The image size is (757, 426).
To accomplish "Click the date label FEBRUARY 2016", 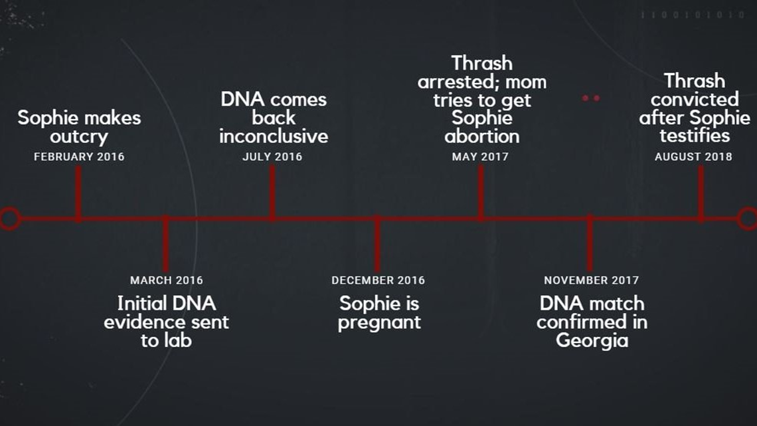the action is coord(79,156).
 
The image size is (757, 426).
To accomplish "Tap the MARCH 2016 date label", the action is coord(167,280).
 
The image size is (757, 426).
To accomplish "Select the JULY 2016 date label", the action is coord(272,156).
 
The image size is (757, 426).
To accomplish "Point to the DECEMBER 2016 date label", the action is coord(378,280).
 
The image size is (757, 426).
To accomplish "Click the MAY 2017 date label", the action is coord(480,156).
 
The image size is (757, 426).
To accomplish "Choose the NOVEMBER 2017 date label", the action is coord(592,280).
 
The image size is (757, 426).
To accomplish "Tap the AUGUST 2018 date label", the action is coord(693,156).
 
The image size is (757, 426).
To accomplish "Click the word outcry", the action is coord(79,137).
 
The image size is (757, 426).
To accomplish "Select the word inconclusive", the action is coord(274,136).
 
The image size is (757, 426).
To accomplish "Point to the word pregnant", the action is coord(379,322).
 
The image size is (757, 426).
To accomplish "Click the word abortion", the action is coord(482,136).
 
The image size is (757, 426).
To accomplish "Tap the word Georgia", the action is coord(592,341).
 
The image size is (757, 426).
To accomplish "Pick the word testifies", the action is coord(695,136).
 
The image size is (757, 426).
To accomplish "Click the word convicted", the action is coord(695,100).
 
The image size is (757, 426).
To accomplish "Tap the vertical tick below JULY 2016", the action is coord(272,192).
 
